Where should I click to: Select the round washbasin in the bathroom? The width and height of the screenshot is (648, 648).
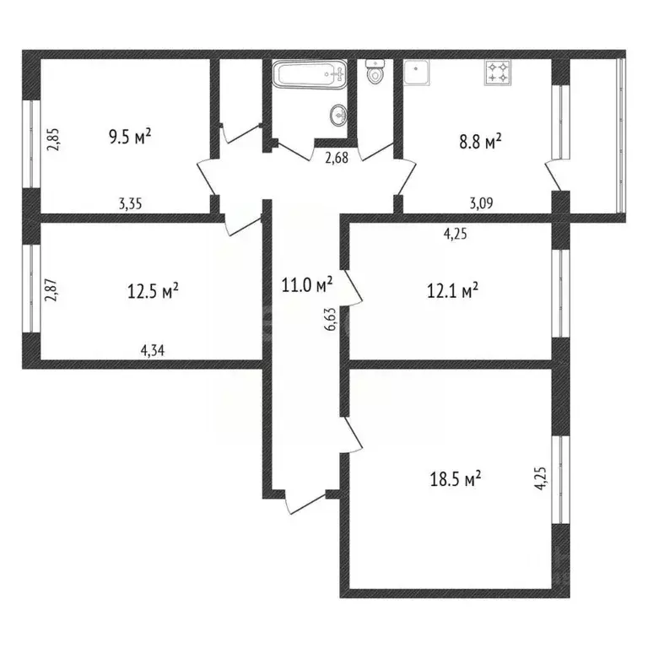[339, 114]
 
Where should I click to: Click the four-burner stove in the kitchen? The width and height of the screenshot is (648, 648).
[497, 73]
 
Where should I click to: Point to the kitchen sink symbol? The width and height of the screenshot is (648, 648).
[418, 73]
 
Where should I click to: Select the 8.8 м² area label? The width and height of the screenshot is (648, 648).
[480, 142]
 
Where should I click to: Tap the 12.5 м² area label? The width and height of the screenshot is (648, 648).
[153, 291]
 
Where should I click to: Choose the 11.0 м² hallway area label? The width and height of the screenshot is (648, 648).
[307, 284]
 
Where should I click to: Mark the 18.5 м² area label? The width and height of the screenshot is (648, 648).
[456, 478]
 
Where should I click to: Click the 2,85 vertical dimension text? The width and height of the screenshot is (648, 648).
[52, 138]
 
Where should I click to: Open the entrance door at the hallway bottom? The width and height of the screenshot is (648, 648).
[304, 503]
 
